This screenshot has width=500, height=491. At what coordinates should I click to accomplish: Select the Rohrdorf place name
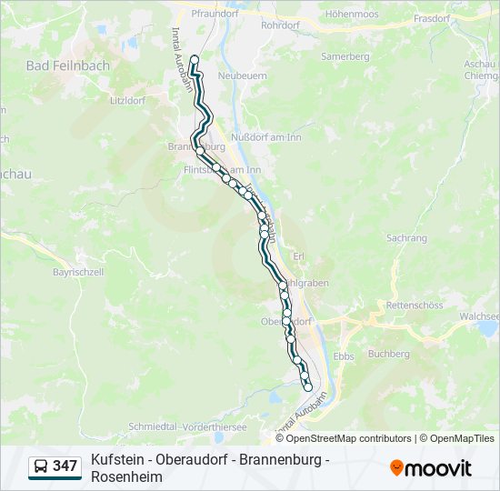click(x=279, y=25)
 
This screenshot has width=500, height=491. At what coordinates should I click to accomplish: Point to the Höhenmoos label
click(x=351, y=15)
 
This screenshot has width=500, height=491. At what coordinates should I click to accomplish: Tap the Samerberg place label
click(x=345, y=56)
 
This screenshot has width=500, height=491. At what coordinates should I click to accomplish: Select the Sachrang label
click(x=406, y=237)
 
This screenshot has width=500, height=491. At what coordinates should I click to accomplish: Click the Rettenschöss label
click(x=414, y=306)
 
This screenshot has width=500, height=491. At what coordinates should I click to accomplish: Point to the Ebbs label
click(x=344, y=356)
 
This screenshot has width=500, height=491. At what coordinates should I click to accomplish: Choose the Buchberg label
click(x=391, y=354)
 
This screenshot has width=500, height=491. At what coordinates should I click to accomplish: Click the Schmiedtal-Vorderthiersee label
click(x=187, y=426)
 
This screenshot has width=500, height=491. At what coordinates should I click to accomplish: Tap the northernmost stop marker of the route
click(x=194, y=60)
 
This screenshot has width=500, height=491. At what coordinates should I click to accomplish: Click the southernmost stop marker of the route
click(x=308, y=387)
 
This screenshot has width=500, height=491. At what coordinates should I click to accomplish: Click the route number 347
click(x=65, y=466)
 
